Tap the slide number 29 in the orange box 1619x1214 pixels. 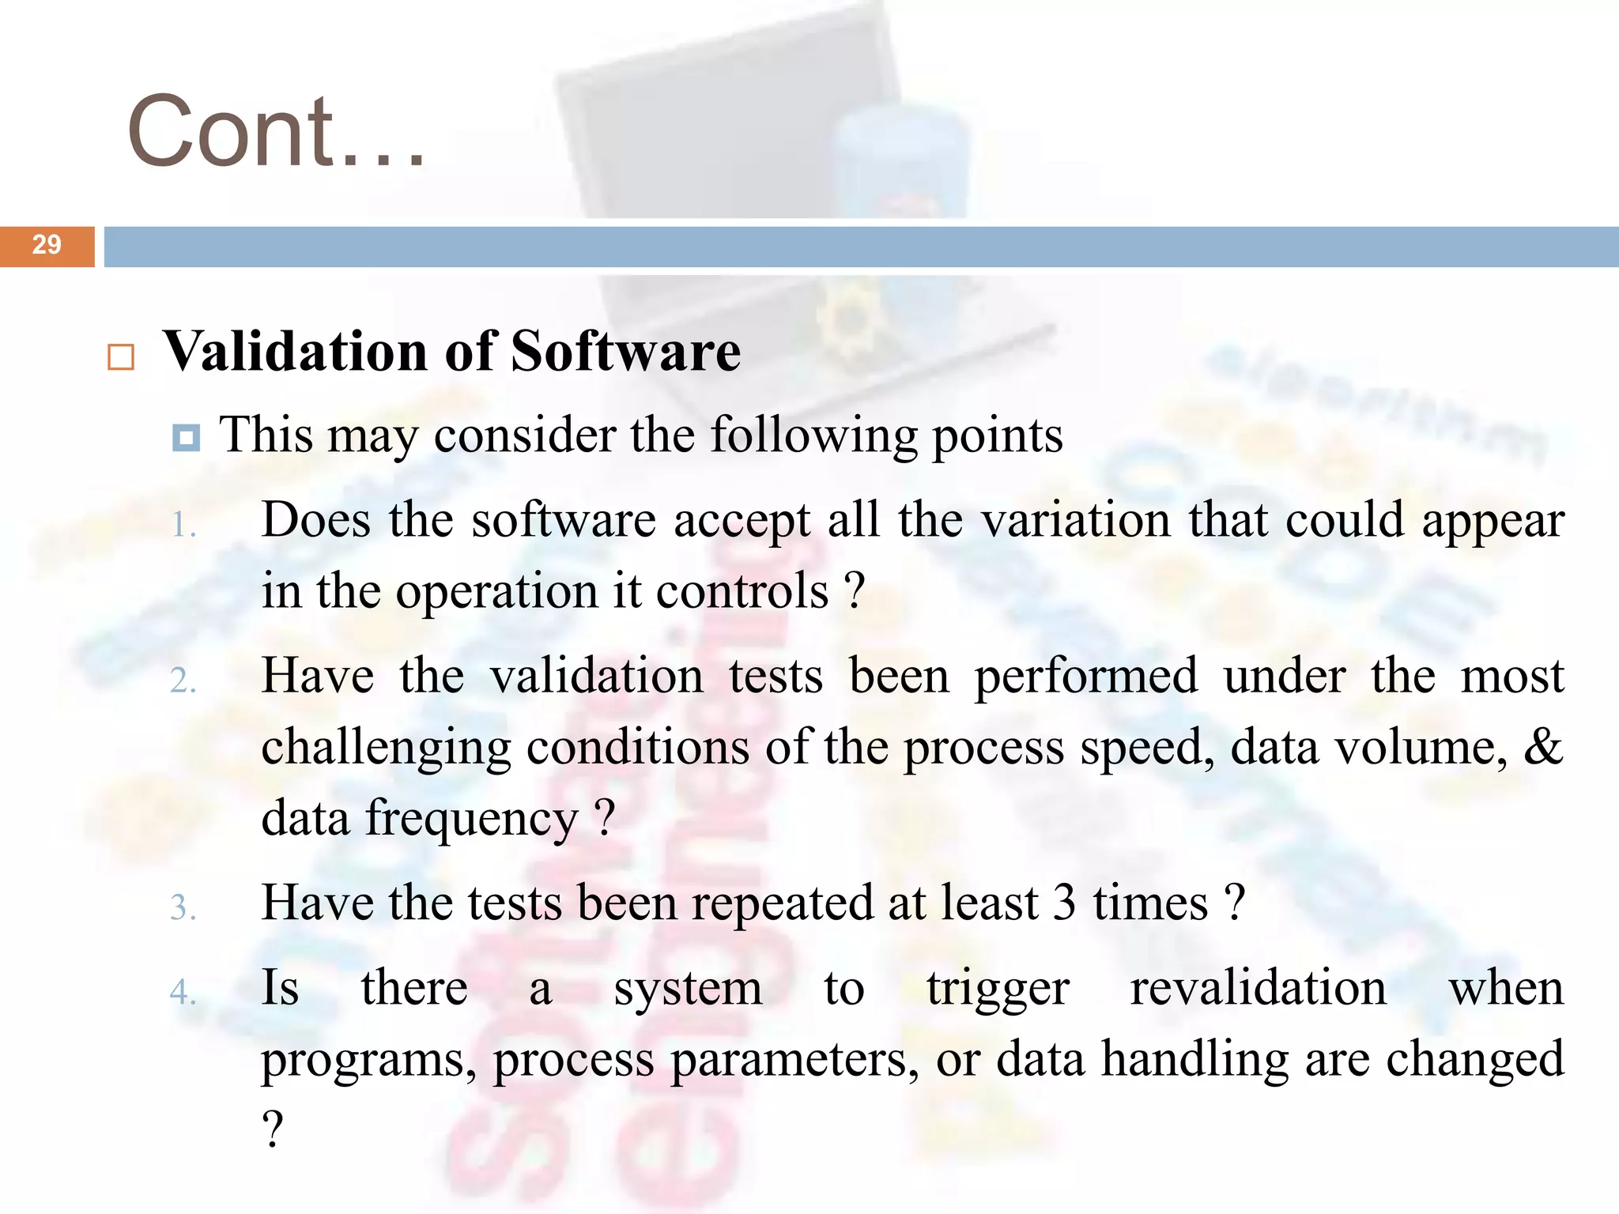(47, 245)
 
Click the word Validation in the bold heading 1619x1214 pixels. (296, 351)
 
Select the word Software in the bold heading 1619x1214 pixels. (625, 351)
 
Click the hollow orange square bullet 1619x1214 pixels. (121, 357)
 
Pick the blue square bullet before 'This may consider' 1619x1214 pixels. (186, 437)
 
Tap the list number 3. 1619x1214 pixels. (183, 908)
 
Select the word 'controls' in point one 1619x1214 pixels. (742, 591)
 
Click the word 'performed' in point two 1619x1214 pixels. (1085, 677)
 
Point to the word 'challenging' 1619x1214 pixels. (386, 748)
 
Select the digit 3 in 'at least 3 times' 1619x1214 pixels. (1064, 903)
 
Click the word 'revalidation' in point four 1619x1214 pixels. (1258, 988)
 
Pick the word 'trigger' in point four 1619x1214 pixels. (998, 990)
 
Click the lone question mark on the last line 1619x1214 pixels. (272, 1129)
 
